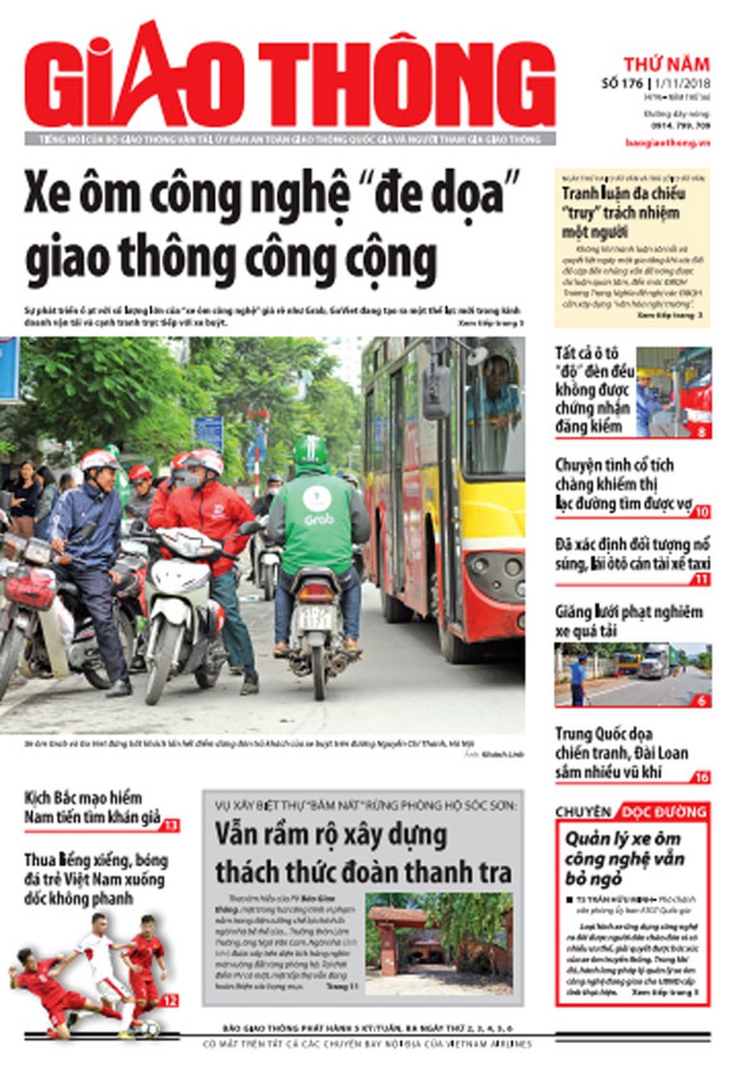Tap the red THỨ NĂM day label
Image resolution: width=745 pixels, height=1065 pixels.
(x=666, y=65)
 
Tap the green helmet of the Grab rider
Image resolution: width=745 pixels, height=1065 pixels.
(x=309, y=450)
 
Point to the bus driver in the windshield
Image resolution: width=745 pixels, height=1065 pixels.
(x=496, y=381)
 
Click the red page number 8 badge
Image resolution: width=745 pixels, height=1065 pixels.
(x=703, y=431)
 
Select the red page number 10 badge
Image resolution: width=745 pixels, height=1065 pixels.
(x=702, y=511)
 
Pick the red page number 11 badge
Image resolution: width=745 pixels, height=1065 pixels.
(x=702, y=579)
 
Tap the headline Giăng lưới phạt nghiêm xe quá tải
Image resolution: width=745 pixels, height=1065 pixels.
(x=628, y=621)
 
